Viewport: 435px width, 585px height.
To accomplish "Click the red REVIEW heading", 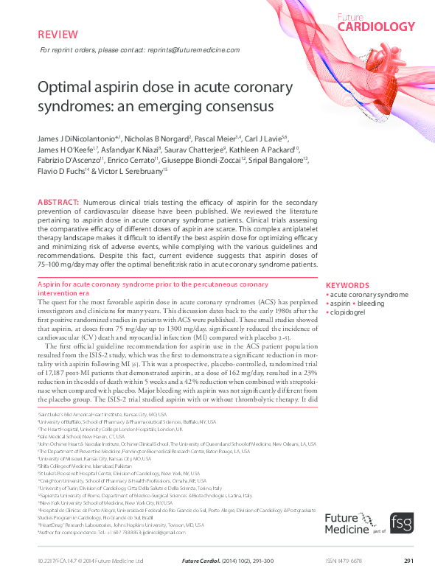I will point(55,34).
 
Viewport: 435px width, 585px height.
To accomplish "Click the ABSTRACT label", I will point(57,202).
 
